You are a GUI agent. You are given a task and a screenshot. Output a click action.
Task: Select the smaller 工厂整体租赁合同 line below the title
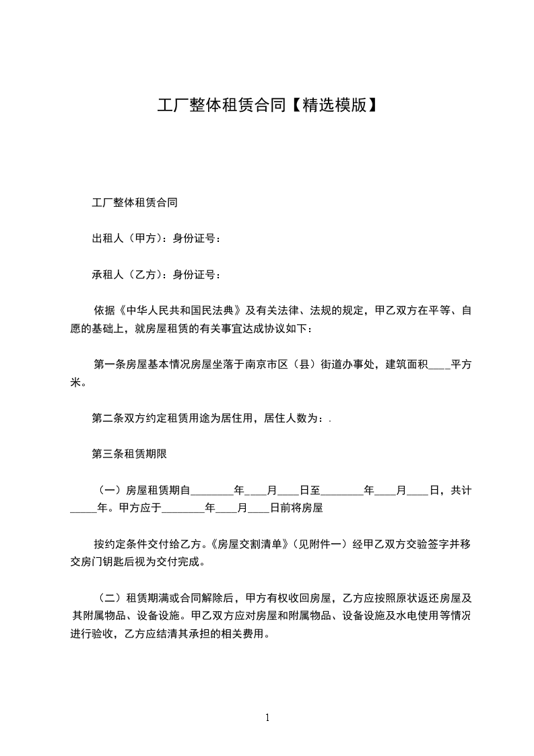pos(135,201)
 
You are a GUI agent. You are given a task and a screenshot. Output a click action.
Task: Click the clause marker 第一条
pos(110,365)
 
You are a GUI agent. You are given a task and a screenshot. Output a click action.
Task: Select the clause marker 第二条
pos(108,418)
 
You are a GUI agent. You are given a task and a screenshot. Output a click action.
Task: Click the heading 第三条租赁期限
pos(129,454)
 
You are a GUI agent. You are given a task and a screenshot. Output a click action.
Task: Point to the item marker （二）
pos(110,598)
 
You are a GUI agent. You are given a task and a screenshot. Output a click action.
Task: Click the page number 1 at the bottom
pos(267,718)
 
